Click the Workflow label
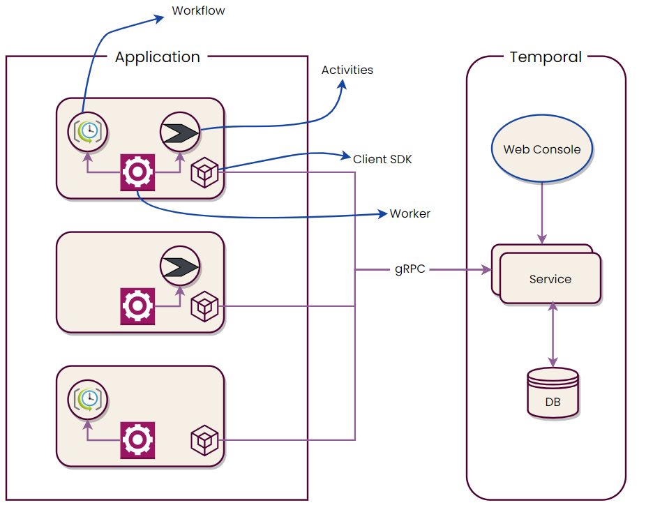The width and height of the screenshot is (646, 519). (x=198, y=11)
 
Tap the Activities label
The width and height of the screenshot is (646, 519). (x=347, y=70)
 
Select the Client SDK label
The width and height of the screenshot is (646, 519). (x=382, y=159)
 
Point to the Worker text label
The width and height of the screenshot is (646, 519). (x=410, y=213)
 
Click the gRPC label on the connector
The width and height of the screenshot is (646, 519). (x=410, y=269)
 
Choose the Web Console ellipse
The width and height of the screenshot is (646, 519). (x=542, y=149)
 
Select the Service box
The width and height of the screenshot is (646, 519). (x=550, y=278)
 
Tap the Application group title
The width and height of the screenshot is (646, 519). (x=157, y=57)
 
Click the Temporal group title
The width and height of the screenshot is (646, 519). (x=546, y=57)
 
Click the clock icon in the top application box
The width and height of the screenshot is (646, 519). (x=88, y=130)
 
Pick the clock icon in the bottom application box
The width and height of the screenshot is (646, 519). (x=88, y=398)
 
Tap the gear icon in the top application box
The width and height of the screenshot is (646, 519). (x=137, y=172)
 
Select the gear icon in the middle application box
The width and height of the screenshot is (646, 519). (x=137, y=306)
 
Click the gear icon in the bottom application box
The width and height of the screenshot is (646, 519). (x=137, y=439)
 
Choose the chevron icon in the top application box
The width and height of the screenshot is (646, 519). (x=180, y=130)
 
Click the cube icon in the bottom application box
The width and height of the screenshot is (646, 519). (x=205, y=440)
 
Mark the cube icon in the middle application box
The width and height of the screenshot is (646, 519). (x=205, y=306)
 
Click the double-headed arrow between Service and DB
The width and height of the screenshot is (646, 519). (x=553, y=334)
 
